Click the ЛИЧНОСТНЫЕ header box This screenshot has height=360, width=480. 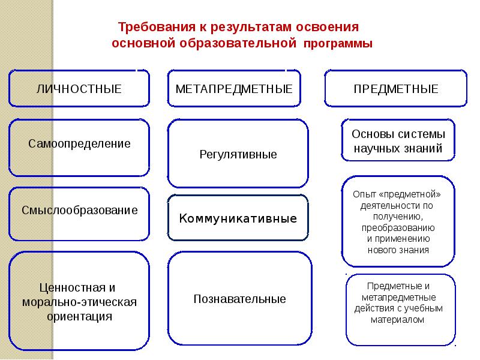(x=79, y=89)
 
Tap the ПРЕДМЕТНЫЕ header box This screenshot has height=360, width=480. (x=396, y=89)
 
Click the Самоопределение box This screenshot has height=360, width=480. (x=79, y=144)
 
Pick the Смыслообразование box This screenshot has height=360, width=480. (x=79, y=211)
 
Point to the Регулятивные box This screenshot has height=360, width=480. (x=238, y=154)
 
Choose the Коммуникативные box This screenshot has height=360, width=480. (x=238, y=218)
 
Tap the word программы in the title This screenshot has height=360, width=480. (x=338, y=44)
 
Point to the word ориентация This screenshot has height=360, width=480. (x=80, y=315)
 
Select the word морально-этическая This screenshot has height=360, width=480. (x=80, y=301)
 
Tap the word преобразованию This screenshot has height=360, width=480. (x=398, y=228)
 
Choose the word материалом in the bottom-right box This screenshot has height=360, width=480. (x=398, y=320)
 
